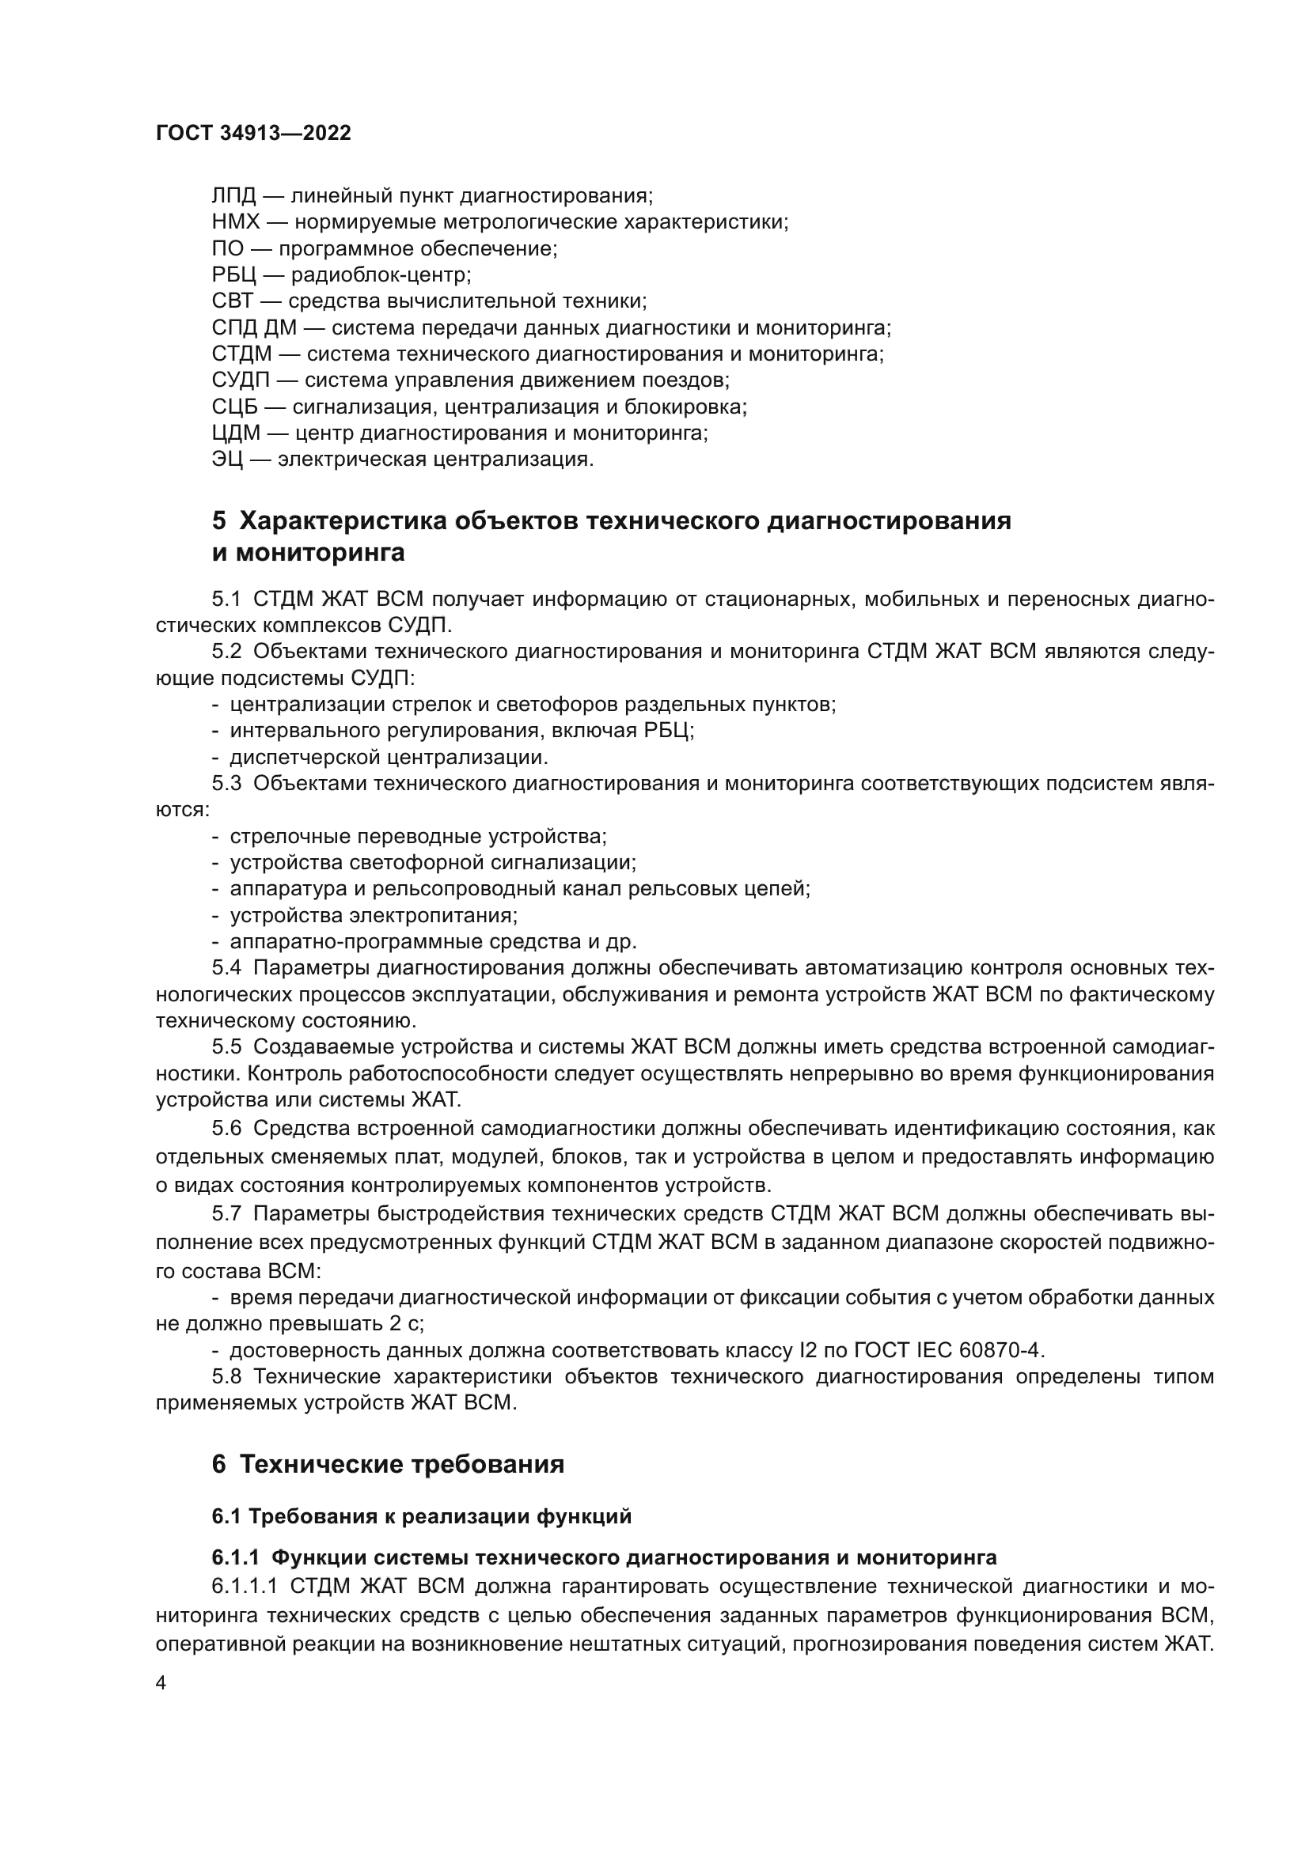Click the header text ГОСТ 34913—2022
coord(253,133)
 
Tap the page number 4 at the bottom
coord(161,1683)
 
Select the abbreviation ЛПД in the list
coord(233,196)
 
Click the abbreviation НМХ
coord(235,222)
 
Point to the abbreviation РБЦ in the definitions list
coord(233,275)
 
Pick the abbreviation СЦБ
coord(234,407)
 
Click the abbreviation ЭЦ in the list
coord(226,460)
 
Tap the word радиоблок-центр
coord(381,275)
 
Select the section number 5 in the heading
coord(218,521)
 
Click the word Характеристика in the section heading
coord(343,521)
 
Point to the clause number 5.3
coord(226,783)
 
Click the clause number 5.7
coord(226,1213)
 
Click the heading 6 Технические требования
coord(388,1464)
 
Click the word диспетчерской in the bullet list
coord(305,758)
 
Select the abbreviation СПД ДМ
coord(254,328)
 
